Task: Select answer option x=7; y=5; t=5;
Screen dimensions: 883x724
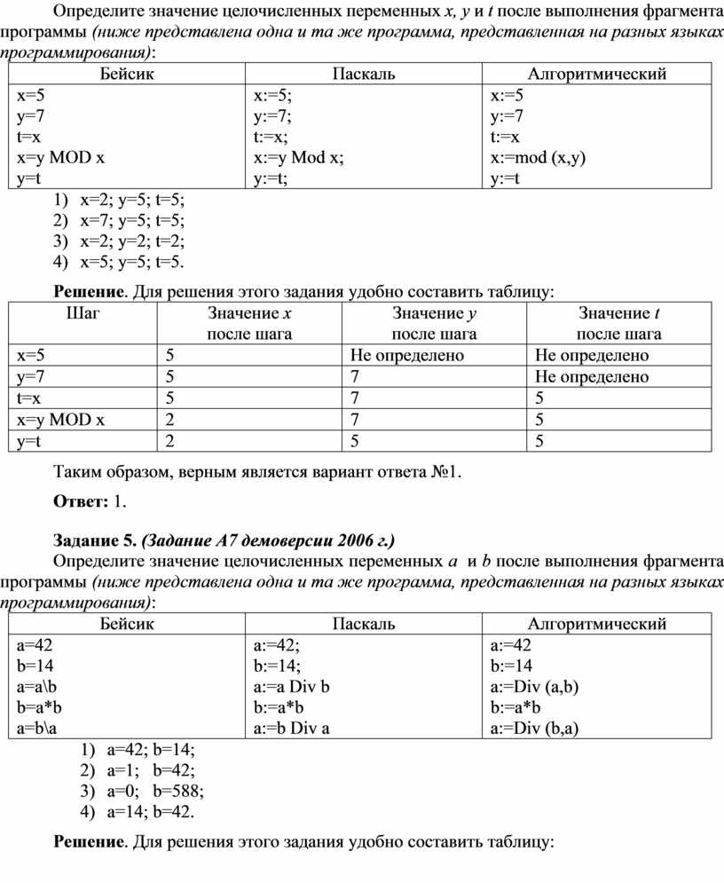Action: [133, 220]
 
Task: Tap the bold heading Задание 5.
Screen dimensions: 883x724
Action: [95, 540]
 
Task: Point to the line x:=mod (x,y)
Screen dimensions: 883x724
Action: [538, 158]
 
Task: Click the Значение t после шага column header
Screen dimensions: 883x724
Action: [618, 323]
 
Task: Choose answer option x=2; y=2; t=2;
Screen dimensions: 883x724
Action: [133, 240]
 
